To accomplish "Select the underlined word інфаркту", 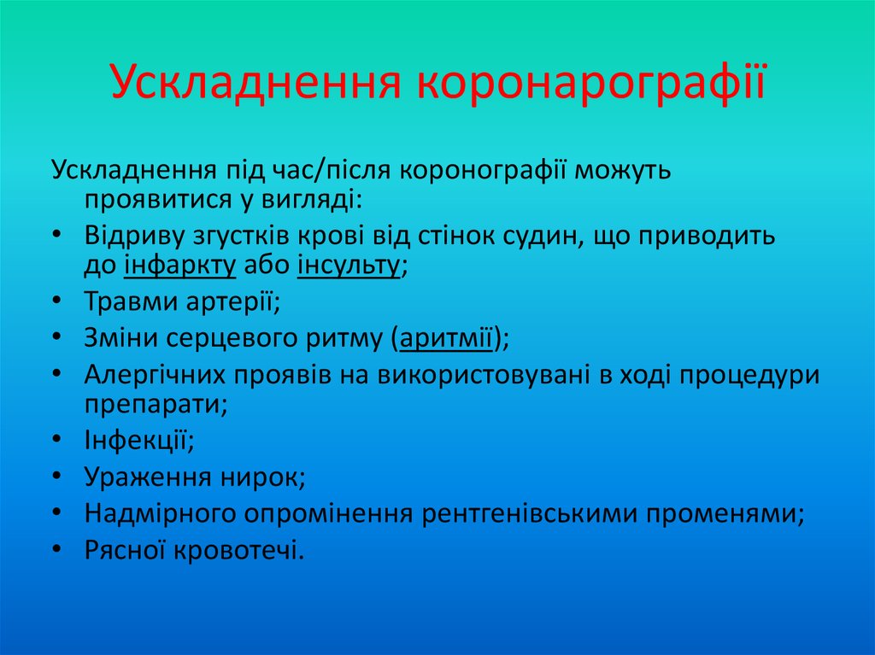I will [x=180, y=266].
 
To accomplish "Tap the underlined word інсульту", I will [x=349, y=266].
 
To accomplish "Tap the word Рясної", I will [x=126, y=550].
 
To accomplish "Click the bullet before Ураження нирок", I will [x=56, y=477].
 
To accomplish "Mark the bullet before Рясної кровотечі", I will [x=56, y=550].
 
